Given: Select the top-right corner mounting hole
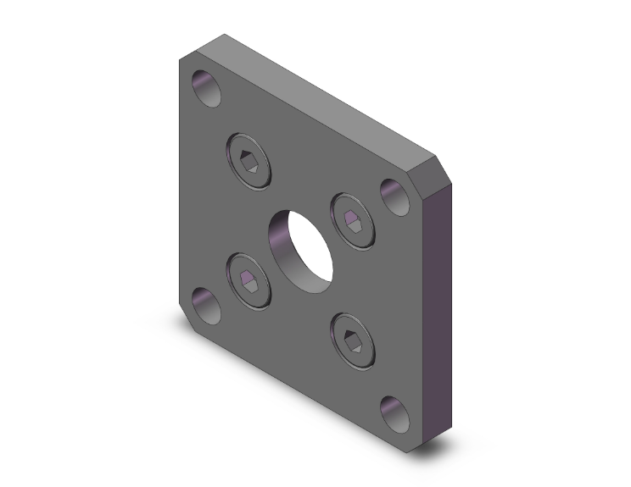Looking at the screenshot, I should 394,196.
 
